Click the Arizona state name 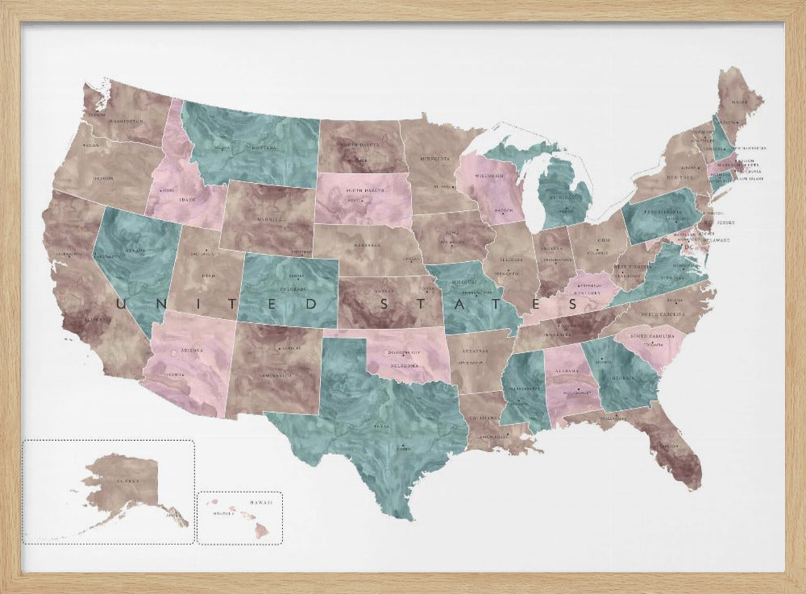pos(192,351)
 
